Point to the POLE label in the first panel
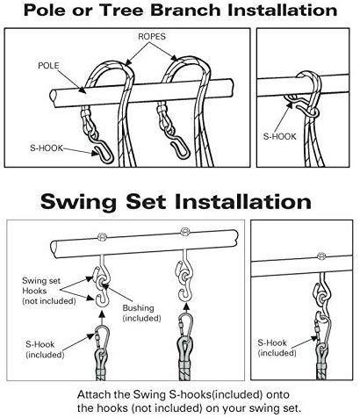point(48,65)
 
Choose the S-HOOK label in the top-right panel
point(278,136)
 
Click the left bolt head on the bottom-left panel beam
point(101,234)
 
